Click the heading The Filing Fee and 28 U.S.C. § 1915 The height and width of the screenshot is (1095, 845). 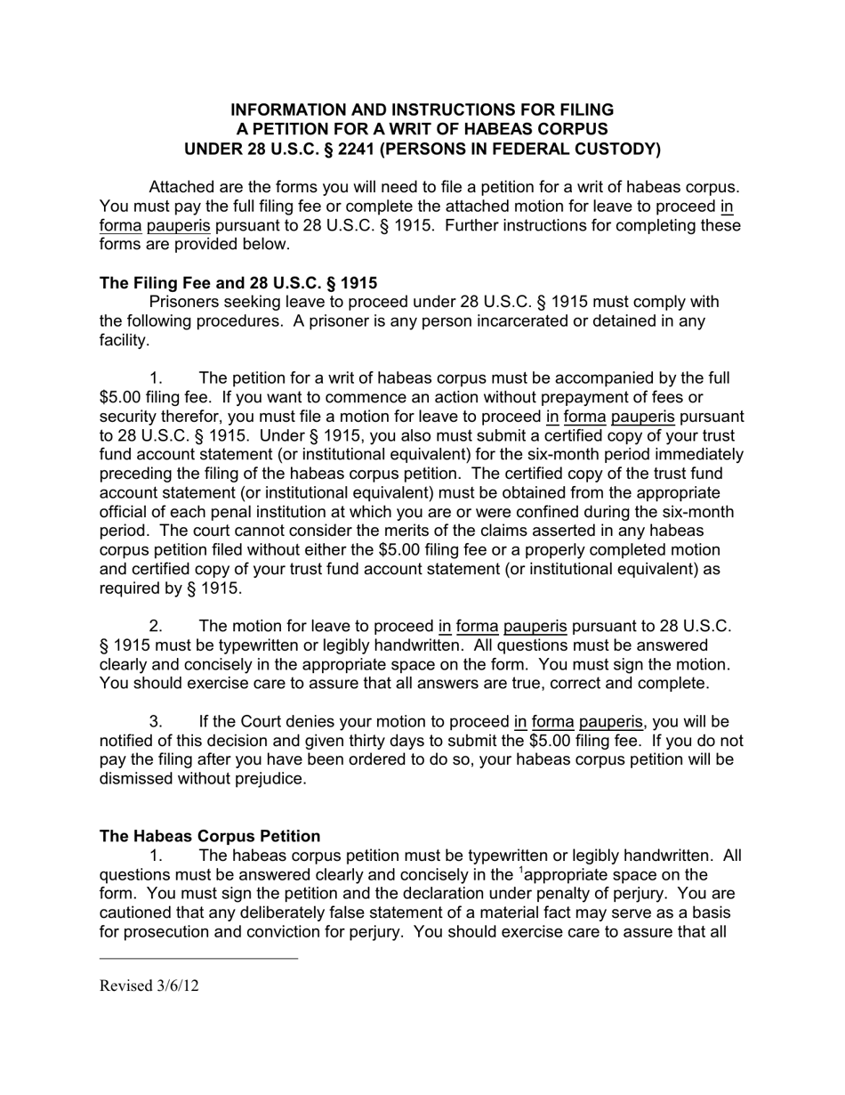pos(237,283)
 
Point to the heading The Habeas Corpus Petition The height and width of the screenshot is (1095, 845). pos(210,836)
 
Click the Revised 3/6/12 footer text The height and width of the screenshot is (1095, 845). pos(149,985)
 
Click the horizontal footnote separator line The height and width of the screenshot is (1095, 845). pos(198,959)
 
